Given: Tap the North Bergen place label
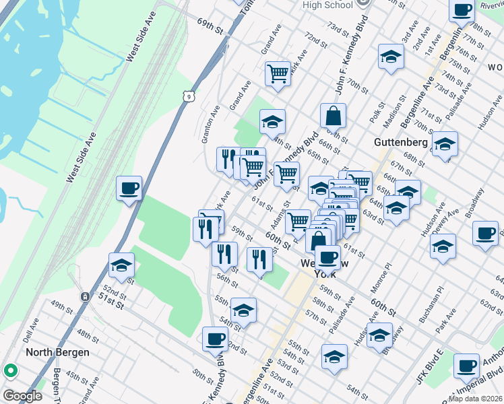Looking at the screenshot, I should point(57,352).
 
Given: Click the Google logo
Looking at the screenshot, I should point(22,396).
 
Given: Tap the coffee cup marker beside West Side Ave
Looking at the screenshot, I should point(128,189).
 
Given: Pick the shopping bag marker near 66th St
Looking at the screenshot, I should point(333,116).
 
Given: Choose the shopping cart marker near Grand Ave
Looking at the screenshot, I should point(277,73).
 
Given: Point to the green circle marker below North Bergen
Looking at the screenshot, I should point(11,370).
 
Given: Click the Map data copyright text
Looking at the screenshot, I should point(475,399).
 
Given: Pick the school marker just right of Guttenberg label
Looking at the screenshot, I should point(444,145).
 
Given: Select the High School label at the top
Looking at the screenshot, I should point(327,5).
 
